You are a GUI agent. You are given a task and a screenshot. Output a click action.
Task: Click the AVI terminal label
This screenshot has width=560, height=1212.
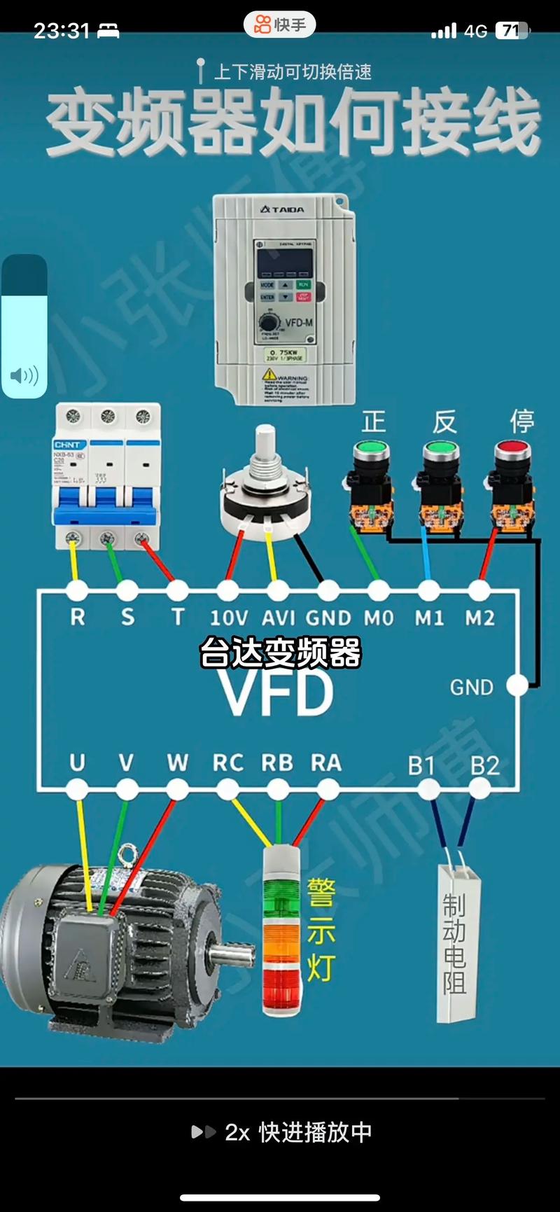tap(278, 618)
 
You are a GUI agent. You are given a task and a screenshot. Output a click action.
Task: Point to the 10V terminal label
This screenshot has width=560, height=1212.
tap(228, 618)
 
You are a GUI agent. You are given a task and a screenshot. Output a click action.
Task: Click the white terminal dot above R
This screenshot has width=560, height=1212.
tap(77, 590)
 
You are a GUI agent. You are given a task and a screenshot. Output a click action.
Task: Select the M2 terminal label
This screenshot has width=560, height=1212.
tap(479, 618)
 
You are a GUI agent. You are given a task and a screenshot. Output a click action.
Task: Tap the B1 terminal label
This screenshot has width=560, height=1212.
tap(421, 765)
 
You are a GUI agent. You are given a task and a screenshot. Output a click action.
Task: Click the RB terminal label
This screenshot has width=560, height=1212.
tap(277, 762)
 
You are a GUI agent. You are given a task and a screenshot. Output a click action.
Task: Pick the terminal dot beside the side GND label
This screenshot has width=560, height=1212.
tap(517, 685)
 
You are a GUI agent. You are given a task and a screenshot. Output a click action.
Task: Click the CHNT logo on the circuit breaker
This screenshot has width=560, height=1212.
tap(68, 445)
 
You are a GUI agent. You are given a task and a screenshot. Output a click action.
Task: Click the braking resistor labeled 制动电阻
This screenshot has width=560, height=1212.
tap(456, 942)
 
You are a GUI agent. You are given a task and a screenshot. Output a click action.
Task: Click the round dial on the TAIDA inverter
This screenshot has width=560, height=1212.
tap(268, 323)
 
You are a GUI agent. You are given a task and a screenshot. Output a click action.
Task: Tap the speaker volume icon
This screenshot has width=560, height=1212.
tap(24, 376)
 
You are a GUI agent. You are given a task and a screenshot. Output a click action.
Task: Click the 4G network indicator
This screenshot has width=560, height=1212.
tap(475, 31)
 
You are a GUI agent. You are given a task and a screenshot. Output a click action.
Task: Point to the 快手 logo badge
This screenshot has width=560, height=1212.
tap(280, 25)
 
